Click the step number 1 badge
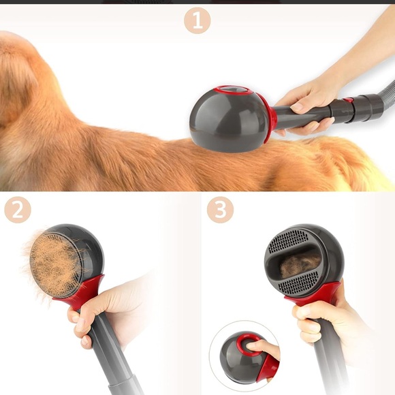click(x=197, y=21)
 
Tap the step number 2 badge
click(x=18, y=210)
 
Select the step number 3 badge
click(x=219, y=210)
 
